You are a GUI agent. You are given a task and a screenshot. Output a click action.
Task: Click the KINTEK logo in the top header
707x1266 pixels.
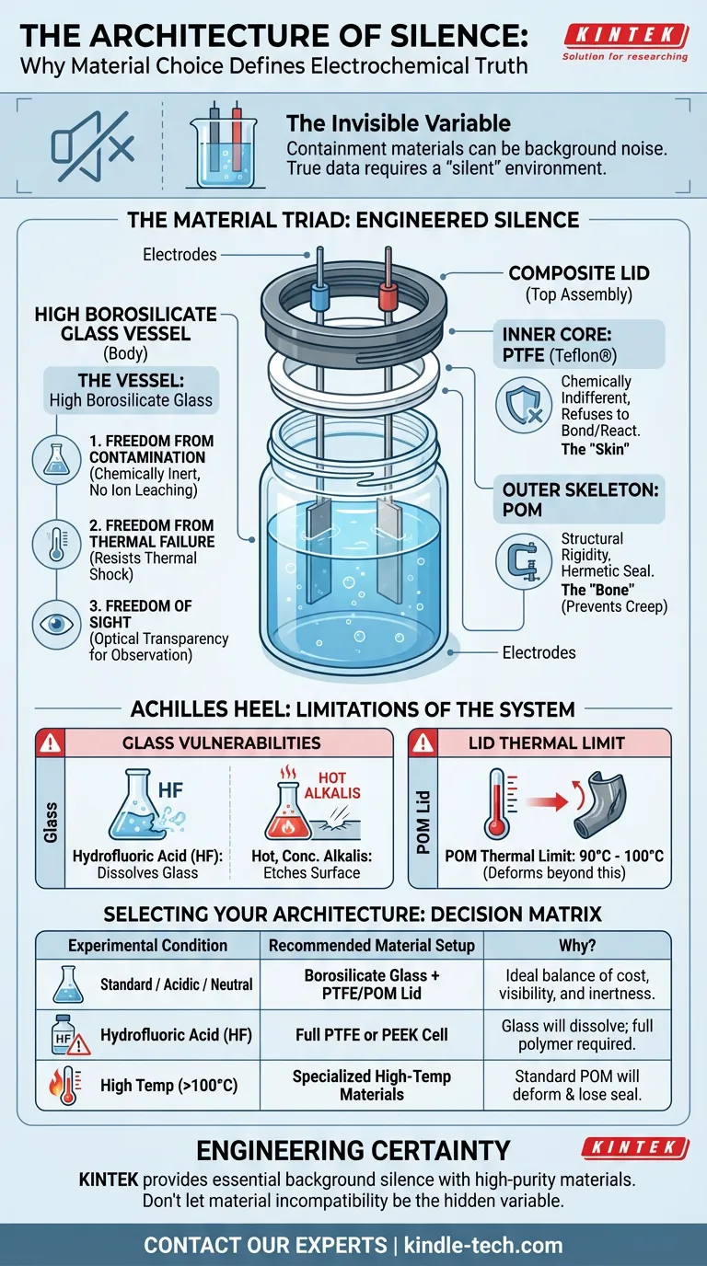tap(625, 36)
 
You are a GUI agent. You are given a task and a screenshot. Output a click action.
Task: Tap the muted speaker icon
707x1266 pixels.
tap(93, 144)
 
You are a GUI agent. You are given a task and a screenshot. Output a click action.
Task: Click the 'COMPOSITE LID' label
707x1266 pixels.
tap(578, 273)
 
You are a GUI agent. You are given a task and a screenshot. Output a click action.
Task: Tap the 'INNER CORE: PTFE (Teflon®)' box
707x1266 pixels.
tap(583, 344)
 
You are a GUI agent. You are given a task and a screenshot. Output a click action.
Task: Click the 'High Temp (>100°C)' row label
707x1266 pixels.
tap(169, 1086)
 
